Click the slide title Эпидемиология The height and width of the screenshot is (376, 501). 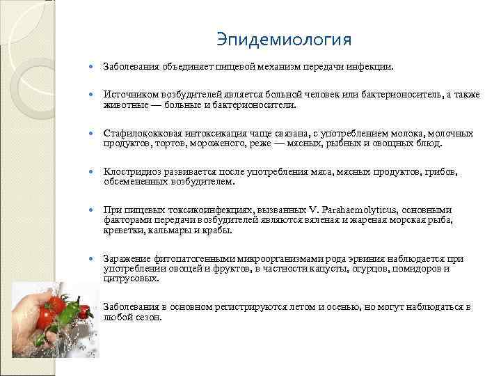(x=283, y=38)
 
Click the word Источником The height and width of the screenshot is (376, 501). (x=127, y=94)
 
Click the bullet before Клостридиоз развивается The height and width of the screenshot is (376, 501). (x=94, y=172)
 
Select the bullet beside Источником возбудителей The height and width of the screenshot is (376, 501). (x=94, y=95)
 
